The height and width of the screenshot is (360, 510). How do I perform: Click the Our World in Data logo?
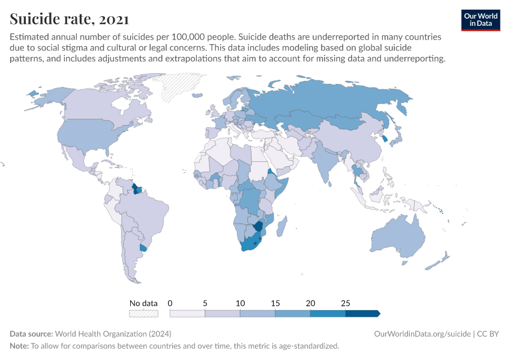[480, 20]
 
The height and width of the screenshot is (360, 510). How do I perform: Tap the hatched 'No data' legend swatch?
[143, 313]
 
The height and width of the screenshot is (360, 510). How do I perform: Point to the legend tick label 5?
[205, 303]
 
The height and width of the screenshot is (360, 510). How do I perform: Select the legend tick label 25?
[345, 303]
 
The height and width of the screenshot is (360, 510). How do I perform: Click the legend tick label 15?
[275, 303]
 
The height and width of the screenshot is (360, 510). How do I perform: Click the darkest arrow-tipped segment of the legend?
[362, 313]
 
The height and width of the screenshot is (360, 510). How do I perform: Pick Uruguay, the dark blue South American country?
[143, 248]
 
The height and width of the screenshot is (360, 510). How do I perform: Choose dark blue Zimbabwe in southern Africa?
[259, 226]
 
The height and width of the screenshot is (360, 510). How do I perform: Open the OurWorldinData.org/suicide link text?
[421, 334]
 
